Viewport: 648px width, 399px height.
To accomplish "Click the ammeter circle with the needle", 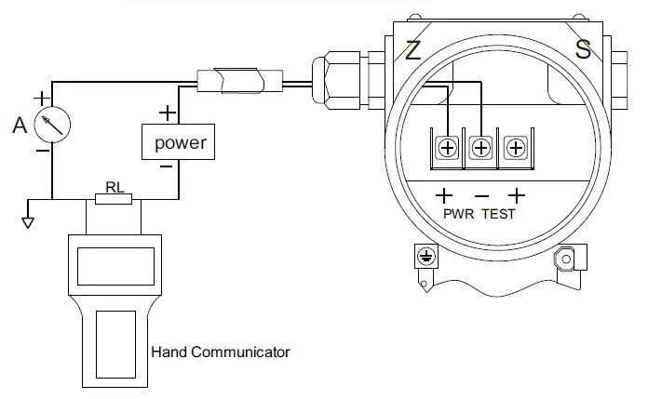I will [52, 124].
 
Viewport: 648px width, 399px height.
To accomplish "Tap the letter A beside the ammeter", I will [19, 124].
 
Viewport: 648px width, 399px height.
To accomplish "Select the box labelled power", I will [180, 143].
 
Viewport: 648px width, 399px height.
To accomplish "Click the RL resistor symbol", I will [114, 198].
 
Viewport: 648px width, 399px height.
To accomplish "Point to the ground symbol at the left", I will [28, 220].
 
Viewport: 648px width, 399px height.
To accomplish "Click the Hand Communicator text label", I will [220, 352].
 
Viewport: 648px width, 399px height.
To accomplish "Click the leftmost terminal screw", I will [447, 149].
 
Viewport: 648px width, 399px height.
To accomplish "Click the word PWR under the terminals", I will [459, 214].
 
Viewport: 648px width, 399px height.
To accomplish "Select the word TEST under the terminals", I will [498, 214].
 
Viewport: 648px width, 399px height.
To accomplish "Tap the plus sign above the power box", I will [168, 113].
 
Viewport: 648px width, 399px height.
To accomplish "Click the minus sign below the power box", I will [166, 167].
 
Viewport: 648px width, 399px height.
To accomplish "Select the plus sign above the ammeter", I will [41, 96].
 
